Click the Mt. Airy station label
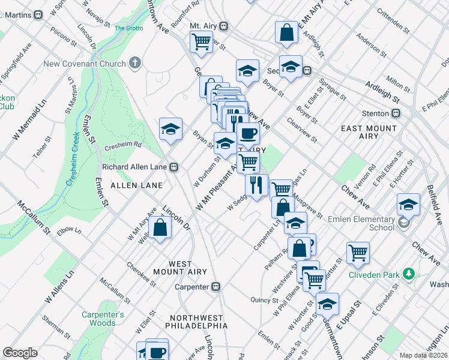coord(202,26)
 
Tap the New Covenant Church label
coord(92,64)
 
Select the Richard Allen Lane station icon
coord(173,167)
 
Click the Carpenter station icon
coord(217,287)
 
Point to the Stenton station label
coord(375,113)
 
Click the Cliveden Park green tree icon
coord(410,274)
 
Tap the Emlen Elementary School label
coord(361,223)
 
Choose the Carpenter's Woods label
coord(103,319)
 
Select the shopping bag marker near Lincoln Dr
coord(160,228)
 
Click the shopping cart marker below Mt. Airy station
coord(201,42)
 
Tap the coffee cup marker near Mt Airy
coord(248,133)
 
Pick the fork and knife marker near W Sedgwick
coord(257,185)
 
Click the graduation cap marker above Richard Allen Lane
coord(170,129)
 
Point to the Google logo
coord(20,353)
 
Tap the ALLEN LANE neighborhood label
coord(133,186)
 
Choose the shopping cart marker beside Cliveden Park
coord(358,253)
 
